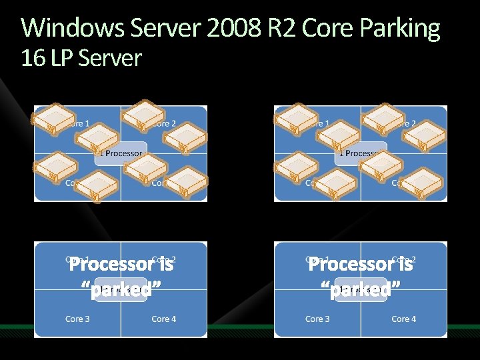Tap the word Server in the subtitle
[110, 59]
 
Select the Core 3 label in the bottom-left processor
[78, 319]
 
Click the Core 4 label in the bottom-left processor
[164, 319]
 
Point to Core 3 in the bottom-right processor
[317, 319]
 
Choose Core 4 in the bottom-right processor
[404, 319]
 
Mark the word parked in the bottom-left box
[121, 291]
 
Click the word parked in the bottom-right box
[361, 291]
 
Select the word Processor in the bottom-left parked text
[112, 265]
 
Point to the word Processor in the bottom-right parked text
[352, 265]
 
